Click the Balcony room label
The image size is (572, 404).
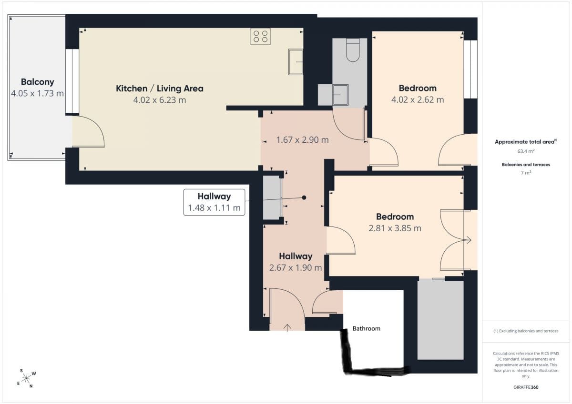pyautogui.click(x=38, y=82)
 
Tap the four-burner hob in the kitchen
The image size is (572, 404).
pyautogui.click(x=260, y=37)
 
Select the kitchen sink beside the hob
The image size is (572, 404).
pyautogui.click(x=296, y=62)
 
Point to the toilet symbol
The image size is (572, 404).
pyautogui.click(x=353, y=50)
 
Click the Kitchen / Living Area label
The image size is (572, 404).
pyautogui.click(x=160, y=89)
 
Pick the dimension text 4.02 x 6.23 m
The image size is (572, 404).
pyautogui.click(x=160, y=100)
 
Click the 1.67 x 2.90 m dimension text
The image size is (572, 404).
pyautogui.click(x=302, y=140)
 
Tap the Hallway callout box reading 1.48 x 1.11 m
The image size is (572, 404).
pyautogui.click(x=214, y=202)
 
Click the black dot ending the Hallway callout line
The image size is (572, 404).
pyautogui.click(x=304, y=197)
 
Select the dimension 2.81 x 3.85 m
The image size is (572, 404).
pyautogui.click(x=395, y=228)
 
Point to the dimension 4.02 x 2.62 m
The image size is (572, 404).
pyautogui.click(x=418, y=99)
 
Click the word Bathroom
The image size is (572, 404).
pyautogui.click(x=367, y=328)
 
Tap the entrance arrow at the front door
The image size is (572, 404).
pyautogui.click(x=287, y=328)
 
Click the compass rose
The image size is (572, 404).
pyautogui.click(x=26, y=378)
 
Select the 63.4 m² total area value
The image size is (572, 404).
pyautogui.click(x=526, y=151)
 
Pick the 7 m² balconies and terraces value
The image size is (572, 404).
pyautogui.click(x=526, y=173)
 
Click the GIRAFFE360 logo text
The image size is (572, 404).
pyautogui.click(x=526, y=387)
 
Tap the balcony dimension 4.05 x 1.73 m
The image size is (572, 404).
pyautogui.click(x=37, y=93)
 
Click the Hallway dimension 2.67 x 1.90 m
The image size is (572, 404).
pyautogui.click(x=296, y=267)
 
